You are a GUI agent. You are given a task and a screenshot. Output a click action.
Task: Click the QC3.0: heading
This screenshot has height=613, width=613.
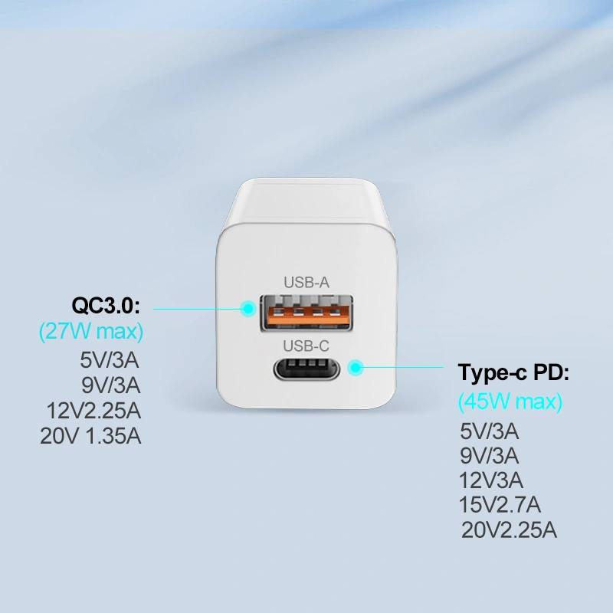[106, 305]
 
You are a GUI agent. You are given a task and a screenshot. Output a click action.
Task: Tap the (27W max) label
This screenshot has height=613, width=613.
[91, 331]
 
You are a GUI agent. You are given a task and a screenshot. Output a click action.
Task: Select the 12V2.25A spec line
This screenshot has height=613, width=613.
[93, 411]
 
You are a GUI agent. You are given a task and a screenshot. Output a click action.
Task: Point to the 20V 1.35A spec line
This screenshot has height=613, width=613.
[90, 436]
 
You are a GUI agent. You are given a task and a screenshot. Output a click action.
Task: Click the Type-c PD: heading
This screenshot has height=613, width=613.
[513, 373]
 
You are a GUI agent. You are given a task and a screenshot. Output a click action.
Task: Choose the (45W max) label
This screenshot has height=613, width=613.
[510, 402]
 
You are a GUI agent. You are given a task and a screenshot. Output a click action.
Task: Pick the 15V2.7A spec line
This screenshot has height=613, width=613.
[500, 505]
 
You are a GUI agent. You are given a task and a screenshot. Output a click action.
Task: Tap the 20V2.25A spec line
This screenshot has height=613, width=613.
[509, 530]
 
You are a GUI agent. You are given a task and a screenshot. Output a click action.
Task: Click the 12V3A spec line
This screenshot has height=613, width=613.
[490, 480]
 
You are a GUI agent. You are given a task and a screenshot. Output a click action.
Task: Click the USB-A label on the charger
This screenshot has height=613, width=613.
[306, 282]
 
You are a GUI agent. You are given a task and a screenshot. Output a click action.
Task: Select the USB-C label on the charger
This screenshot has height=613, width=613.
[306, 346]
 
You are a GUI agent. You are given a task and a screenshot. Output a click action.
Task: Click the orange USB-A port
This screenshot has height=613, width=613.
[307, 313]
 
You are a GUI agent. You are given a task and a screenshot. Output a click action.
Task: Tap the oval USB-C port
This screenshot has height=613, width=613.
[306, 368]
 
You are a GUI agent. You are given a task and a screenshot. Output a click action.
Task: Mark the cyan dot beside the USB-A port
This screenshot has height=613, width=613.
[247, 309]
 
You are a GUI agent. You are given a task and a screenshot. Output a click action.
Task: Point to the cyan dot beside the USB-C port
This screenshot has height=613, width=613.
[356, 368]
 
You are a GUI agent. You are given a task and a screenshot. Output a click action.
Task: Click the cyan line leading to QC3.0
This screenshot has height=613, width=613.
[196, 309]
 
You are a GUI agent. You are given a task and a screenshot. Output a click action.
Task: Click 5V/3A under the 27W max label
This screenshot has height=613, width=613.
[110, 360]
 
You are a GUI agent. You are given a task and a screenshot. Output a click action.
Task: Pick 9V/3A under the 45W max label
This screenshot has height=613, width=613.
[489, 456]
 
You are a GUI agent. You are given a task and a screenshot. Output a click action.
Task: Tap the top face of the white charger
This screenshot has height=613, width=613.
[306, 202]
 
